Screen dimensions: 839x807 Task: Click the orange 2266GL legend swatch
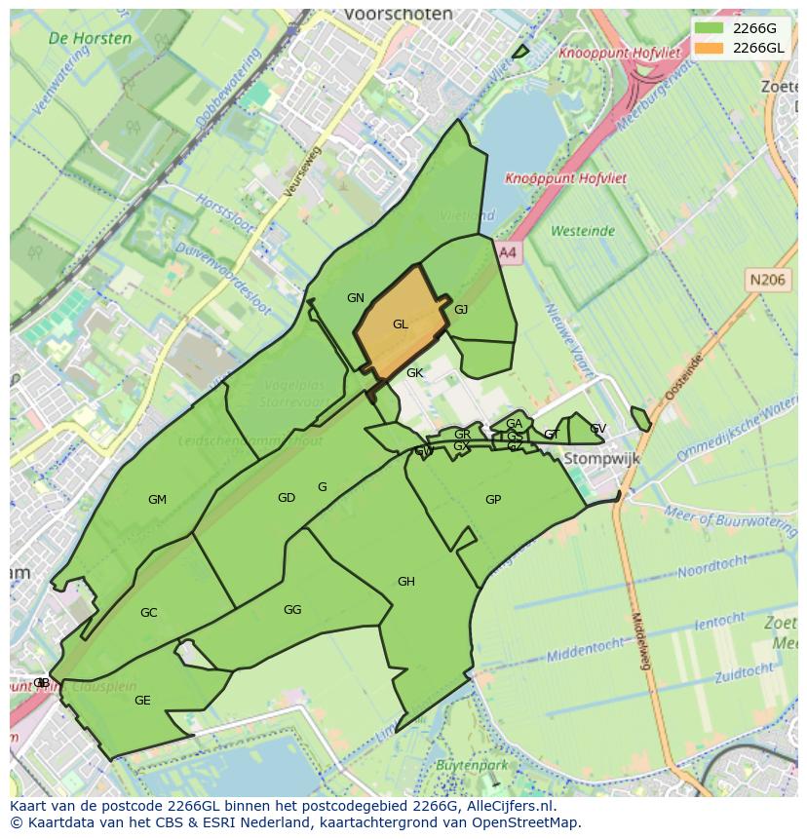(x=710, y=48)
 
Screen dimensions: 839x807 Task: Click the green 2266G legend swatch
(x=710, y=28)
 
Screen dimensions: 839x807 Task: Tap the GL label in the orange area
(x=400, y=324)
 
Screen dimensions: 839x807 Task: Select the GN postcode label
(x=355, y=298)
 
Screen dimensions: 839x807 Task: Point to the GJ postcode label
(x=461, y=310)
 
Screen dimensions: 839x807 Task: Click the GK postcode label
(x=414, y=373)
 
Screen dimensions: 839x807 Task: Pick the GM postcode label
(x=157, y=500)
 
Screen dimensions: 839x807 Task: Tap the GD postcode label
(x=286, y=498)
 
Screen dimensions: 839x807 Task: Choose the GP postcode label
(x=493, y=500)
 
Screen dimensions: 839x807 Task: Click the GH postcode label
(x=405, y=582)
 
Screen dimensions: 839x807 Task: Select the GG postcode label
(x=292, y=610)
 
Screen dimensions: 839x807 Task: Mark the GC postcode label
(x=148, y=613)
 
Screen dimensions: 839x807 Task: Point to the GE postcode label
(x=142, y=701)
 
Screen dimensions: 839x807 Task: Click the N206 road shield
(x=767, y=281)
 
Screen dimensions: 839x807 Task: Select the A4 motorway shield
(x=508, y=252)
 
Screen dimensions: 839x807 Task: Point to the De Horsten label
(x=90, y=39)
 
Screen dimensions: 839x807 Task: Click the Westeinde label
(x=583, y=231)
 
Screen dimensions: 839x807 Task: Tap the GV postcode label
(x=597, y=429)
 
